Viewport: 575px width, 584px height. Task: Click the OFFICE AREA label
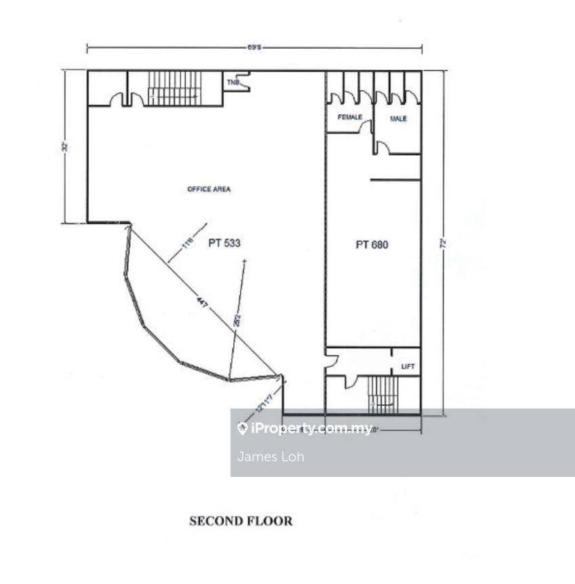(208, 189)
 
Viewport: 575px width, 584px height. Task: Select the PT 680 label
(372, 245)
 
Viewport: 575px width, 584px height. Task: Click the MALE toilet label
(398, 119)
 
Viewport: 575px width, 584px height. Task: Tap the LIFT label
(408, 367)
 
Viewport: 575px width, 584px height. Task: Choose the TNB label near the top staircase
(233, 81)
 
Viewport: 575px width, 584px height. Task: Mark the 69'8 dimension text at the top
(254, 47)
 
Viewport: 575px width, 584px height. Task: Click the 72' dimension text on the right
(443, 243)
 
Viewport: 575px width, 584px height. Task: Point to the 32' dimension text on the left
(66, 146)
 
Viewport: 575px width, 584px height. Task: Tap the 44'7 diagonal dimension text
(201, 302)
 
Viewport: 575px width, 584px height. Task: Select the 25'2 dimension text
(237, 320)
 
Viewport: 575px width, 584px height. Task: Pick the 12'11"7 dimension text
(264, 402)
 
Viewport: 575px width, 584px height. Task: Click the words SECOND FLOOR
(241, 521)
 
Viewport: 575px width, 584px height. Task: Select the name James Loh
(271, 457)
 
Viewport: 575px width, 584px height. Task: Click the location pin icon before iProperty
(242, 428)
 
